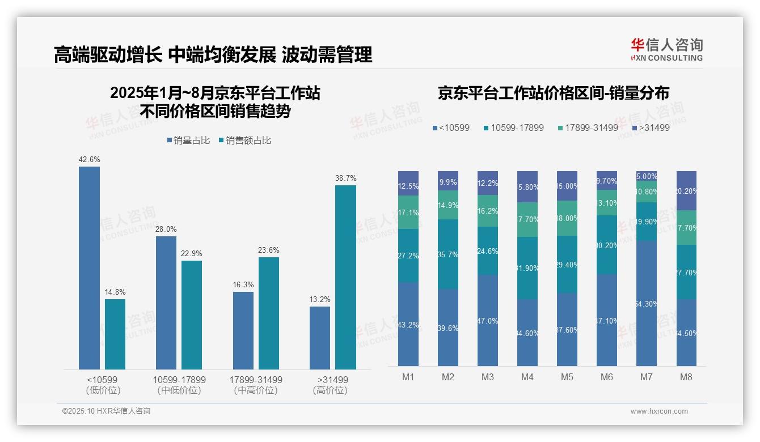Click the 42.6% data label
[89, 160]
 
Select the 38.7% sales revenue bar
[345, 277]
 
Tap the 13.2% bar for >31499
[320, 338]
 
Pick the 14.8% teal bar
[115, 334]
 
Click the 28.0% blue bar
[166, 303]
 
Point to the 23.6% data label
[269, 250]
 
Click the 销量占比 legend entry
[191, 141]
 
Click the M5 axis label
[567, 377]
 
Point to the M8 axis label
[686, 377]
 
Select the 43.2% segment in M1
[408, 324]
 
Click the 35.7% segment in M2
[448, 254]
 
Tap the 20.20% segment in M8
[686, 191]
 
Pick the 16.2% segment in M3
[488, 211]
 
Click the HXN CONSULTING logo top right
[666, 50]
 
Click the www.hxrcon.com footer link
[659, 411]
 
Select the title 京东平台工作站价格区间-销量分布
[553, 93]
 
